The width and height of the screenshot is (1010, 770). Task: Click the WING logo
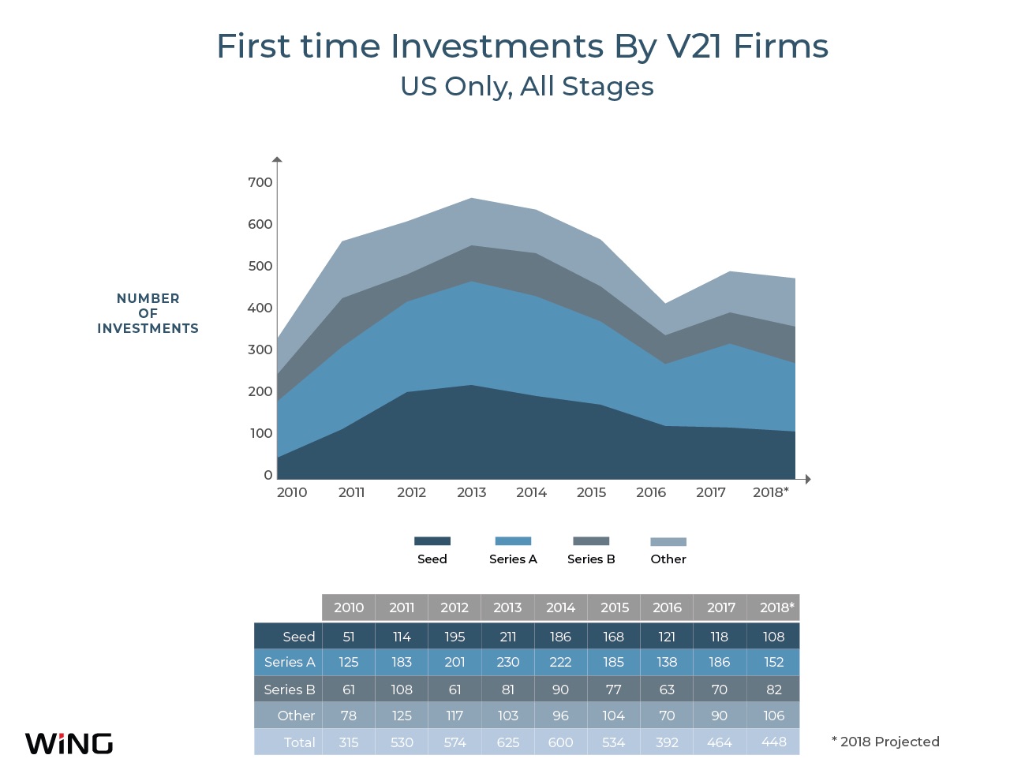tap(69, 743)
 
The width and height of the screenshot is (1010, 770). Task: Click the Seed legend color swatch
tap(432, 541)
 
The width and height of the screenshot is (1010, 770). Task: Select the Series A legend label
tap(513, 559)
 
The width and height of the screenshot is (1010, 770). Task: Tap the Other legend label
tap(668, 559)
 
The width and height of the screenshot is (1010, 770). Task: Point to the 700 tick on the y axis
tap(260, 182)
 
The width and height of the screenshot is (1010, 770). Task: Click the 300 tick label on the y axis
tap(260, 349)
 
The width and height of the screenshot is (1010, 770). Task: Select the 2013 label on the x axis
tap(472, 492)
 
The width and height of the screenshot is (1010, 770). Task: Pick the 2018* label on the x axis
tap(771, 492)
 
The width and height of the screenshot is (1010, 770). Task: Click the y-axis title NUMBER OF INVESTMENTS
tap(148, 313)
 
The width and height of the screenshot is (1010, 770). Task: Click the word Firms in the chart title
tap(780, 46)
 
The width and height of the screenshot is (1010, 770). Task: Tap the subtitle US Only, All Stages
tap(527, 86)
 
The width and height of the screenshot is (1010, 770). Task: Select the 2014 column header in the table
tap(560, 607)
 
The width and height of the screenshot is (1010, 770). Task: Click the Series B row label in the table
tap(290, 690)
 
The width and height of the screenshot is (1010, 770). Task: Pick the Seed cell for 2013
tap(507, 637)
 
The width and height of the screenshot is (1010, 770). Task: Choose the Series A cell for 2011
tap(402, 662)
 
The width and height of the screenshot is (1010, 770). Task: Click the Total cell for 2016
tap(667, 742)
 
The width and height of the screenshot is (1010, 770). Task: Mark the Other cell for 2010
tap(349, 716)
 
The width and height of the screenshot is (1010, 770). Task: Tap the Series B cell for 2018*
tap(774, 690)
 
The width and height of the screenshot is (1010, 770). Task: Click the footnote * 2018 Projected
tap(885, 742)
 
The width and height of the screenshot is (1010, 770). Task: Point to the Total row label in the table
tap(300, 742)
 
